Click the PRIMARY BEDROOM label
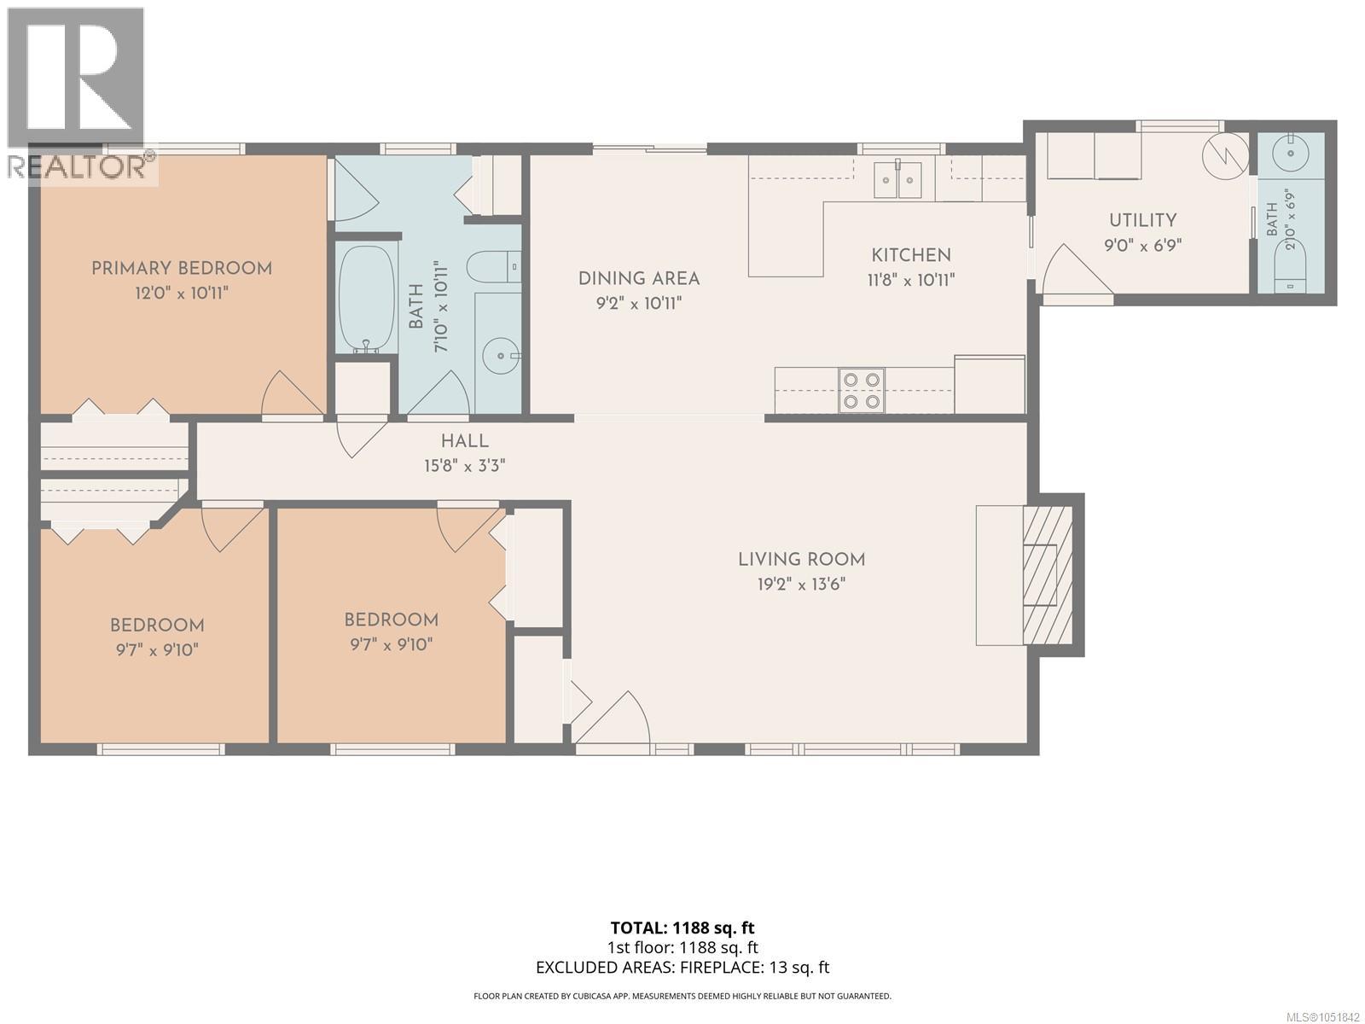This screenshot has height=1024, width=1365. tap(182, 269)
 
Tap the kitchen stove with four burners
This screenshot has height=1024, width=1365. tap(862, 390)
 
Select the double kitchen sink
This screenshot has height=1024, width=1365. tap(897, 179)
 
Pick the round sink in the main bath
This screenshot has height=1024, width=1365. tap(501, 356)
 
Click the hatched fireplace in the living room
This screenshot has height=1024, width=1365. tap(1048, 575)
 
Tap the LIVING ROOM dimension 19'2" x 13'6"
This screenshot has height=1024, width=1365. tap(801, 585)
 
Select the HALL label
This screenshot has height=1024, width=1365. tap(465, 441)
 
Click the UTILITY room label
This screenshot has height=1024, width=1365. tap(1143, 220)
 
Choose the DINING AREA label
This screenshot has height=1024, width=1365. tap(639, 278)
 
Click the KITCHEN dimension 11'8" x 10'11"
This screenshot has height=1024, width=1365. tap(910, 281)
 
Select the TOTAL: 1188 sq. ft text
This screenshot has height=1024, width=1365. tap(682, 928)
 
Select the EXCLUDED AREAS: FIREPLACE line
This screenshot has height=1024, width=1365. tap(682, 968)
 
